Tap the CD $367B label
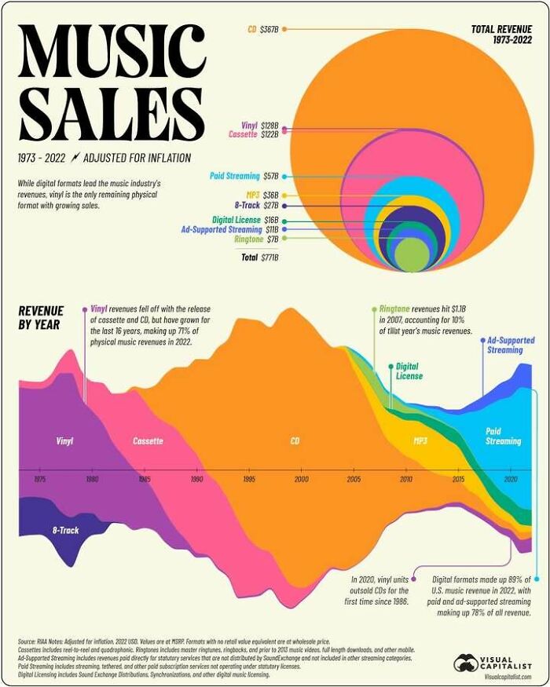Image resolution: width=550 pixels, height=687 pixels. point(263,29)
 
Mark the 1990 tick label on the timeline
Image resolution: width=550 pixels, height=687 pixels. point(196,478)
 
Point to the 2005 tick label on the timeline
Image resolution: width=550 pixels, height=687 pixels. point(354,478)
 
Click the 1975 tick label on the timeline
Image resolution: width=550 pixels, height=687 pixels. point(39,478)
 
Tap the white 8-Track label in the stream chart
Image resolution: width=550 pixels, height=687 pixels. point(65,531)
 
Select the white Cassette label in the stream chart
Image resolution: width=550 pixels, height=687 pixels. point(148,441)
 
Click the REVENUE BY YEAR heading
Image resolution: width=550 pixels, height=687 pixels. point(41,318)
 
